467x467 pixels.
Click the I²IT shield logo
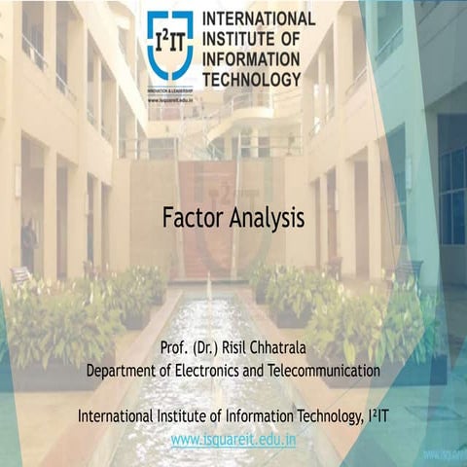(169, 44)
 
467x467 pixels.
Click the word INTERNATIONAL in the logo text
(258, 18)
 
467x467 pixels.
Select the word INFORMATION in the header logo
(252, 58)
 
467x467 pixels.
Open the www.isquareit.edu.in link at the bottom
(233, 439)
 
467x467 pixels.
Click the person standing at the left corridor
(28, 245)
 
